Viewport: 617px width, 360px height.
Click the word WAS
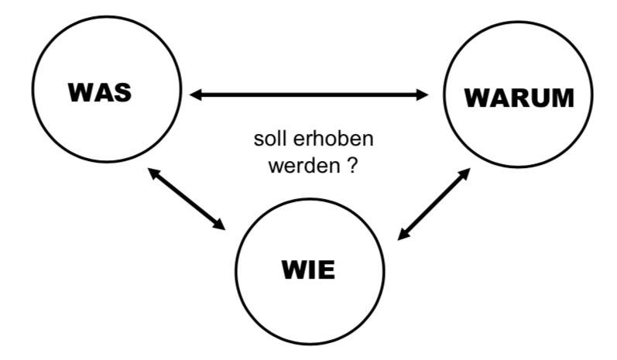point(100,93)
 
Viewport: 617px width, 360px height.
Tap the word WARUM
point(519,98)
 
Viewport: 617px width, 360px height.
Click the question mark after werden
point(351,166)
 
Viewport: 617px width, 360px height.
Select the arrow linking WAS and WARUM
point(310,94)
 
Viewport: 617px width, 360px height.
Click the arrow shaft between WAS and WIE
point(187,199)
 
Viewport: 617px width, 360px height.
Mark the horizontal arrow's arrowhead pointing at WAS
point(197,94)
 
